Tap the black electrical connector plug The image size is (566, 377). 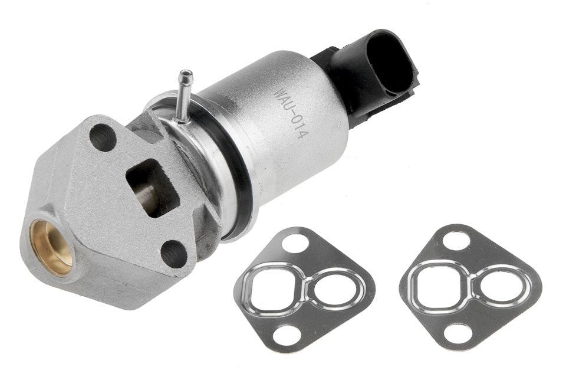[x=368, y=76]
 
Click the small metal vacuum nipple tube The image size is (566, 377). [x=184, y=96]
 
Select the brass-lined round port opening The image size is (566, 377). [x=52, y=248]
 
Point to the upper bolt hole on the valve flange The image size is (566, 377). [x=103, y=137]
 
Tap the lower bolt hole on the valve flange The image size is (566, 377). [x=173, y=253]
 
